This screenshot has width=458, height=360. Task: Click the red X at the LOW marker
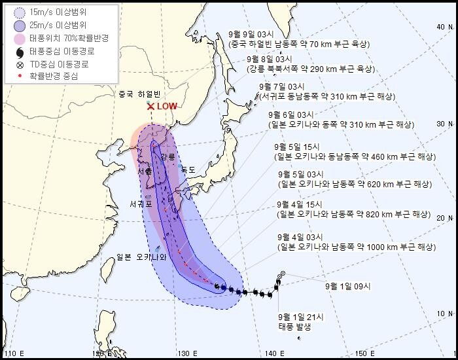pyautogui.click(x=150, y=106)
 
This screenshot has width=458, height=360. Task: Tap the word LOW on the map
pyautogui.click(x=167, y=106)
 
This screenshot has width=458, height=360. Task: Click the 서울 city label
pyautogui.click(x=144, y=171)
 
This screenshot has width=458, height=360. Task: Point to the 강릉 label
pyautogui.click(x=168, y=157)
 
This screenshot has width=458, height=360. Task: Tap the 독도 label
pyautogui.click(x=188, y=170)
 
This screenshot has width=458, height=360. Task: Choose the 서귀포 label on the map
pyautogui.click(x=141, y=204)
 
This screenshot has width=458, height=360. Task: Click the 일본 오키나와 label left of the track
pyautogui.click(x=142, y=256)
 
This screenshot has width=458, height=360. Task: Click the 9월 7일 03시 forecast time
pyautogui.click(x=283, y=86)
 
